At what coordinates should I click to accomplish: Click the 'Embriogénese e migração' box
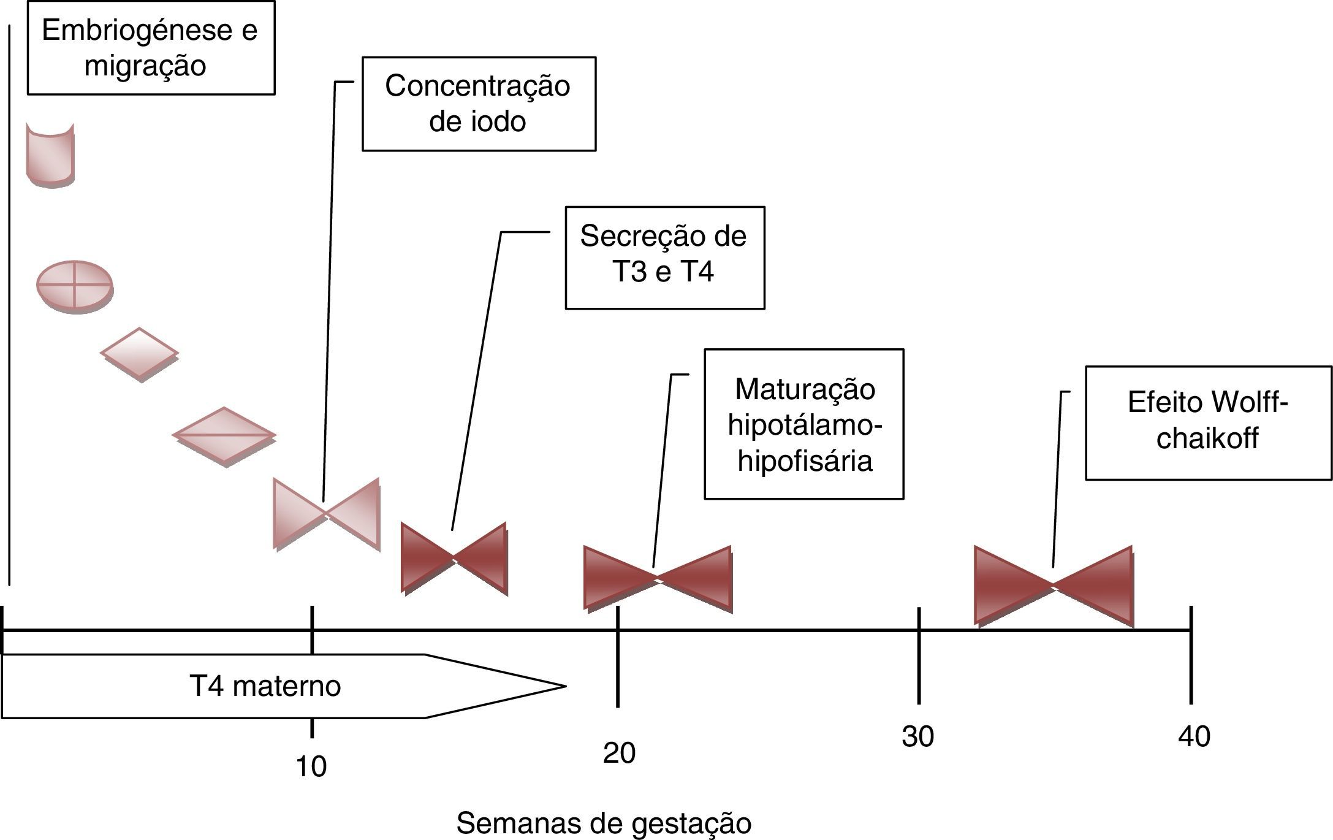coord(151,48)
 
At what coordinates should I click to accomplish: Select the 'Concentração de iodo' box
coord(479,104)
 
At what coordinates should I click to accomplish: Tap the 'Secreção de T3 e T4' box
coord(664,258)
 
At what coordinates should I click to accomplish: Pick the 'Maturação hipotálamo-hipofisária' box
coord(803,424)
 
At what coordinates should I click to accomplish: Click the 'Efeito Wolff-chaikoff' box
coord(1208,422)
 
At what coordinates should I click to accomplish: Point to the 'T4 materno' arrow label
coord(265,686)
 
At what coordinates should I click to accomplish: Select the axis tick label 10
coord(311,766)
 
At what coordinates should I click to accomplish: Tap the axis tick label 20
coord(619,753)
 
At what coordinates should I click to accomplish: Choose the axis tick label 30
coord(917,736)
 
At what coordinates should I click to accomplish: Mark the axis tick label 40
coord(1194,736)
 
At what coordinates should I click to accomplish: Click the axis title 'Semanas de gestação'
coord(604,823)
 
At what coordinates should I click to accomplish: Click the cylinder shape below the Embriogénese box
coord(50,156)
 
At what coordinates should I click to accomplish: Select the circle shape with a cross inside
coord(75,286)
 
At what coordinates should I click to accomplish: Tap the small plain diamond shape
coord(140,354)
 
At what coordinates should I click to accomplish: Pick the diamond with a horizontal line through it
coord(224,435)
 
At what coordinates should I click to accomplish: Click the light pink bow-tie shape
coord(326,514)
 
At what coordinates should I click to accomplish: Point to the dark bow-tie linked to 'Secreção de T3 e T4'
coord(454,558)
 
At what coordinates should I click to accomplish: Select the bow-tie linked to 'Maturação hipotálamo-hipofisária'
coord(658,578)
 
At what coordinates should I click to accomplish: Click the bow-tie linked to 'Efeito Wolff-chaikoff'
coord(1053,586)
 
